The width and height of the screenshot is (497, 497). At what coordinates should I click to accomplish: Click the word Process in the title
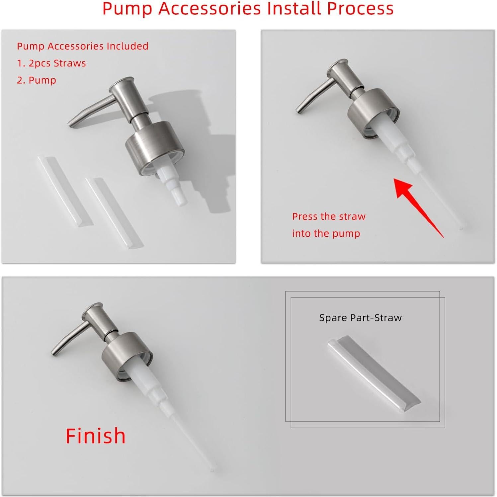click(x=360, y=9)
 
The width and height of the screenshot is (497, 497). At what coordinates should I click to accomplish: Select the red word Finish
click(x=96, y=436)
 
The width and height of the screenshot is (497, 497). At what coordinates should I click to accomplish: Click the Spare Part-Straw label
click(x=360, y=318)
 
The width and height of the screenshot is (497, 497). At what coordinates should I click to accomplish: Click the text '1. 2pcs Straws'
click(x=51, y=63)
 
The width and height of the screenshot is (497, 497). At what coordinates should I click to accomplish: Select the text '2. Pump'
click(x=37, y=80)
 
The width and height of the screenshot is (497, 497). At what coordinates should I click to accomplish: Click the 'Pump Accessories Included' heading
click(x=83, y=46)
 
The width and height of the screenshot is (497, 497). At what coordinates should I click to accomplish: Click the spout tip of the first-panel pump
click(x=70, y=124)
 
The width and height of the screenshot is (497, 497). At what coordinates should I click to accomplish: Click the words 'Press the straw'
click(x=329, y=216)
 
